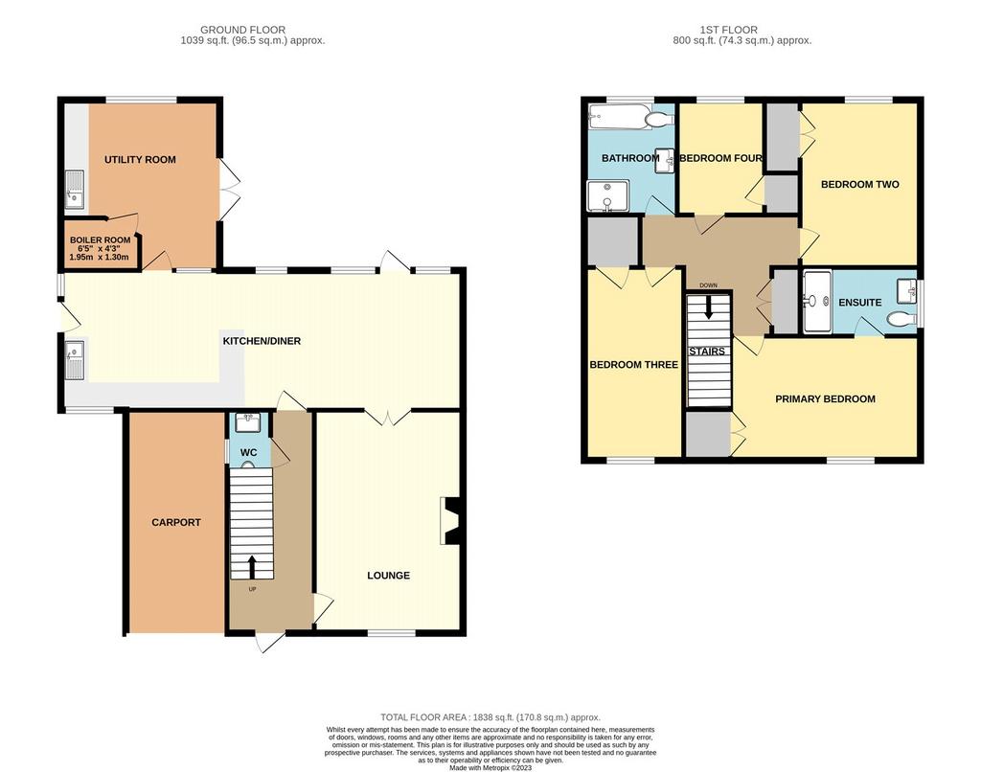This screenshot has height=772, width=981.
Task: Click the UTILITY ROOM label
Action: click(140, 160)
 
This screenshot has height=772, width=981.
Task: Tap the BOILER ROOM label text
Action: click(100, 240)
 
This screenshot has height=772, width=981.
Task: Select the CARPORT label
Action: click(176, 522)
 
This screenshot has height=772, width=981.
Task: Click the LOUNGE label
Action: click(389, 576)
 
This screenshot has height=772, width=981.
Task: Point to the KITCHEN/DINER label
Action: click(262, 341)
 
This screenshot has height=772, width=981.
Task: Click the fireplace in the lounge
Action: click(450, 520)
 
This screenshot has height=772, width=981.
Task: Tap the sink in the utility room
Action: click(75, 189)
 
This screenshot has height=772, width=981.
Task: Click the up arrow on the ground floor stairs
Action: click(252, 567)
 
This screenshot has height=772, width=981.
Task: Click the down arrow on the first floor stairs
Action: click(708, 307)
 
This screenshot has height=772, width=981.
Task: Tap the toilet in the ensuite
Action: click(901, 319)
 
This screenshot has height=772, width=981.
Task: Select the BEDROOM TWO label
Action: click(859, 185)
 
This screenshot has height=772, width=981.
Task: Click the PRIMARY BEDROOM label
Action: click(825, 399)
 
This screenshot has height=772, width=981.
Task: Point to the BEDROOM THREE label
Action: click(634, 365)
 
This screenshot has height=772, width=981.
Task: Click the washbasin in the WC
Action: click(249, 423)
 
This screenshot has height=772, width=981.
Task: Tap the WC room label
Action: click(249, 452)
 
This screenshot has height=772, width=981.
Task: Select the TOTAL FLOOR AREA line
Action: click(490, 717)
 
